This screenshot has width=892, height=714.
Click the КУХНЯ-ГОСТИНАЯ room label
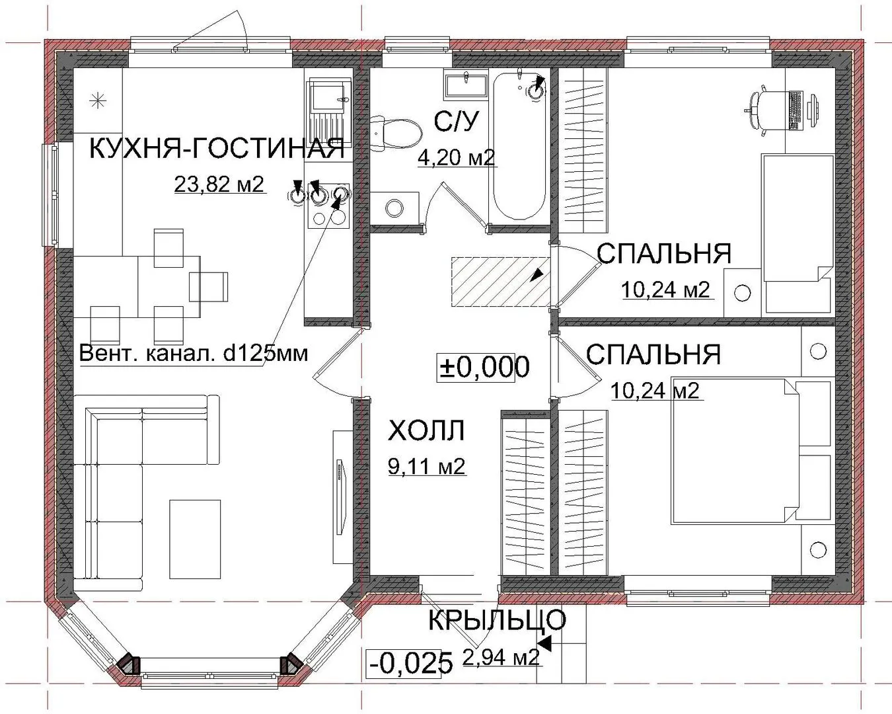pyautogui.click(x=217, y=149)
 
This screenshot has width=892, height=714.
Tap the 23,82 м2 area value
pyautogui.click(x=219, y=184)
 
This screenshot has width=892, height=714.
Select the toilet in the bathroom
pyautogui.click(x=396, y=132)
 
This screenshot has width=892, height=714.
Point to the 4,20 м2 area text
pyautogui.click(x=457, y=157)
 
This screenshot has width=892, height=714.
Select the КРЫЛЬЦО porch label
pyautogui.click(x=497, y=620)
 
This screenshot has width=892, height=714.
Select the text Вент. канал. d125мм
pyautogui.click(x=194, y=354)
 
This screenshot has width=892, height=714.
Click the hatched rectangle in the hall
pyautogui.click(x=500, y=282)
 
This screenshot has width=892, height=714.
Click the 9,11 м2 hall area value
pyautogui.click(x=427, y=466)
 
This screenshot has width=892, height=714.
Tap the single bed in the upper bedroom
pyautogui.click(x=798, y=235)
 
